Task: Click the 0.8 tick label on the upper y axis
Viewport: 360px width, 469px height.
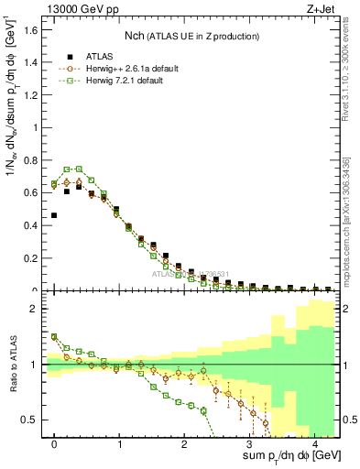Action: [30, 160]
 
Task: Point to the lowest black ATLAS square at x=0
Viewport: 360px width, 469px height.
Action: [54, 215]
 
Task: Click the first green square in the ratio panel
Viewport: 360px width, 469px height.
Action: [54, 337]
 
